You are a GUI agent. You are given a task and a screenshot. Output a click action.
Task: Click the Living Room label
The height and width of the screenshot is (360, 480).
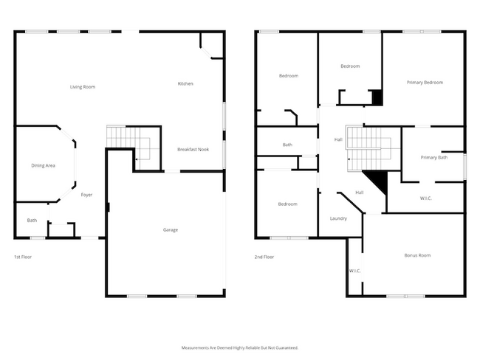[x=83, y=87]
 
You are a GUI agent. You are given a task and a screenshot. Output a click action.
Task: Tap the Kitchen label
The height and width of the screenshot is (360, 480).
[x=185, y=83]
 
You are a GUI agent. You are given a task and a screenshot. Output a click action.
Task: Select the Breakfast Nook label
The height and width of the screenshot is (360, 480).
[x=193, y=149]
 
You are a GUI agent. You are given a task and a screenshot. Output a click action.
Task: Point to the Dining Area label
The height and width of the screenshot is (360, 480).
[x=43, y=165]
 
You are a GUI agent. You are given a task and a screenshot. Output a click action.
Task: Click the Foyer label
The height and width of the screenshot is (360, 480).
[x=86, y=195]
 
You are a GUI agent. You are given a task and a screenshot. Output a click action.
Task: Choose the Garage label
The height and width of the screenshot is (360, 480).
[x=170, y=229]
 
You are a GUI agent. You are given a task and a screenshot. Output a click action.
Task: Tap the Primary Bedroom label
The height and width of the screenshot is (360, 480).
[x=425, y=82]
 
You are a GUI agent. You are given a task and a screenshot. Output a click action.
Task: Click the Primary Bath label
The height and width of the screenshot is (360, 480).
[x=433, y=157]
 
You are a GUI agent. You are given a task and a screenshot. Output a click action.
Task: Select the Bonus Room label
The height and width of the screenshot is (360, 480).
[x=417, y=255]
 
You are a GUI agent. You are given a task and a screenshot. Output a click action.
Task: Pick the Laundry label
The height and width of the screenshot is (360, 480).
[x=338, y=218]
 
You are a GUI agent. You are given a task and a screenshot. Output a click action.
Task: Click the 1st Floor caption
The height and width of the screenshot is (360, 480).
[x=23, y=257]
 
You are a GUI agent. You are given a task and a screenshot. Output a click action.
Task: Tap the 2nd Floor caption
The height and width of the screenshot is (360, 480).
[x=264, y=257]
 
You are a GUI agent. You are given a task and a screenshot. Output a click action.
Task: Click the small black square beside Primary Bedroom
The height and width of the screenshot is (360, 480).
[x=377, y=97]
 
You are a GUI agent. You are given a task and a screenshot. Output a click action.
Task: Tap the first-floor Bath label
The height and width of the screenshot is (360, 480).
[x=32, y=220]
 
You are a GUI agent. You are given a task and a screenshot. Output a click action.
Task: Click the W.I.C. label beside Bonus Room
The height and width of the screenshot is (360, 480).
[x=354, y=271]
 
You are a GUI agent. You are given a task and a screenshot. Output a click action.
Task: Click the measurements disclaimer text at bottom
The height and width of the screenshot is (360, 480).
[x=240, y=347]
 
